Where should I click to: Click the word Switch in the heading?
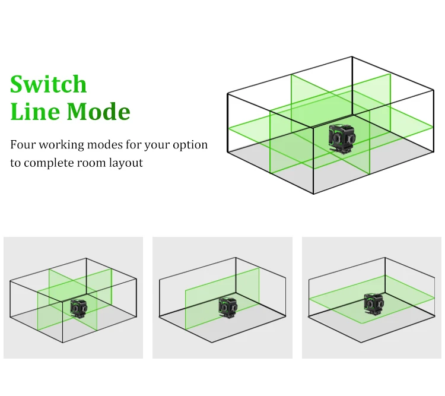(48, 84)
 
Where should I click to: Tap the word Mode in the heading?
(98, 111)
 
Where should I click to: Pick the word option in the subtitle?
(190, 145)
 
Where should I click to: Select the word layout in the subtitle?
(126, 163)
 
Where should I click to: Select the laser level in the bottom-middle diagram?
(228, 308)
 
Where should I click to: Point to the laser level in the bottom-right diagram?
(374, 304)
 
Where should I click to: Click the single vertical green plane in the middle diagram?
(223, 298)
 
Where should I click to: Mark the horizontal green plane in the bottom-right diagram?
(372, 299)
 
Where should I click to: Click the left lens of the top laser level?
(338, 138)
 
